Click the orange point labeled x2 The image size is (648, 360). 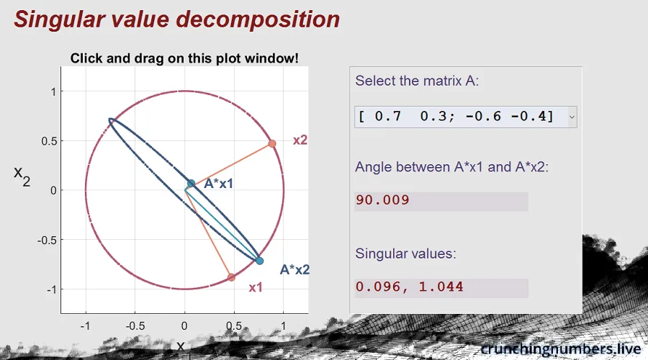[x=272, y=144]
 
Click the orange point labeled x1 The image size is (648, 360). [x=231, y=277]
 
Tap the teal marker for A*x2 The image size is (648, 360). [x=259, y=261]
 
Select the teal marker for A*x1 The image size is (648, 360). [x=191, y=184]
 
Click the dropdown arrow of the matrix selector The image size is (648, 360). [x=572, y=117]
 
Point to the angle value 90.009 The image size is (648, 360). [x=383, y=200]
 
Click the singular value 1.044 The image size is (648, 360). [x=441, y=287]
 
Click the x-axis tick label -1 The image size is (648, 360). [x=85, y=326]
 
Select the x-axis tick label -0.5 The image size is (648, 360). [x=135, y=326]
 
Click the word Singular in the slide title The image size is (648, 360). [x=58, y=19]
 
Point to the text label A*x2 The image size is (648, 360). [x=294, y=269]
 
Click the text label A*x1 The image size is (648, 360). [x=219, y=184]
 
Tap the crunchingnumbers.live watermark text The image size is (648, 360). [x=561, y=349]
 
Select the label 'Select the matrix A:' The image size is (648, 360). [x=417, y=81]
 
